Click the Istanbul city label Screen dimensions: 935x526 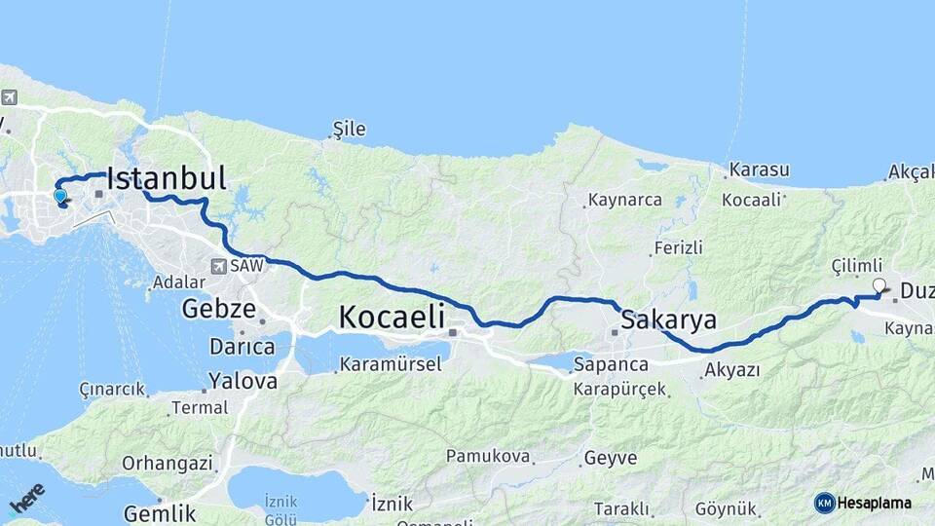point(166,178)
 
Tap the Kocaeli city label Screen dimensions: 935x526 point(392,317)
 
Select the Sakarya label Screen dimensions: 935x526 point(668,319)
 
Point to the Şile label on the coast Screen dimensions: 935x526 point(349,129)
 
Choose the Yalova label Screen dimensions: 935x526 point(243,381)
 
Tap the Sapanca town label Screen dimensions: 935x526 point(611,364)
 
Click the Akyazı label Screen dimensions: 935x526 point(731,370)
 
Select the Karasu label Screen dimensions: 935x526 point(759,169)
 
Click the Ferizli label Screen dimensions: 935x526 point(678,248)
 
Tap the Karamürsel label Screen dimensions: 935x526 point(390,365)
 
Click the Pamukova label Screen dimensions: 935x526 point(488,456)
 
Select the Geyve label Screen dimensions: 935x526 point(611,457)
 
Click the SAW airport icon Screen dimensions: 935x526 point(220,265)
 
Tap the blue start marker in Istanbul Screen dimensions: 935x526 point(60,196)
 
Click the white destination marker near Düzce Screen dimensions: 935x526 point(879,285)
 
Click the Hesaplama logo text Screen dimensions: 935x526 point(873,504)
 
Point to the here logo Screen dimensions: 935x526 point(27,499)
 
